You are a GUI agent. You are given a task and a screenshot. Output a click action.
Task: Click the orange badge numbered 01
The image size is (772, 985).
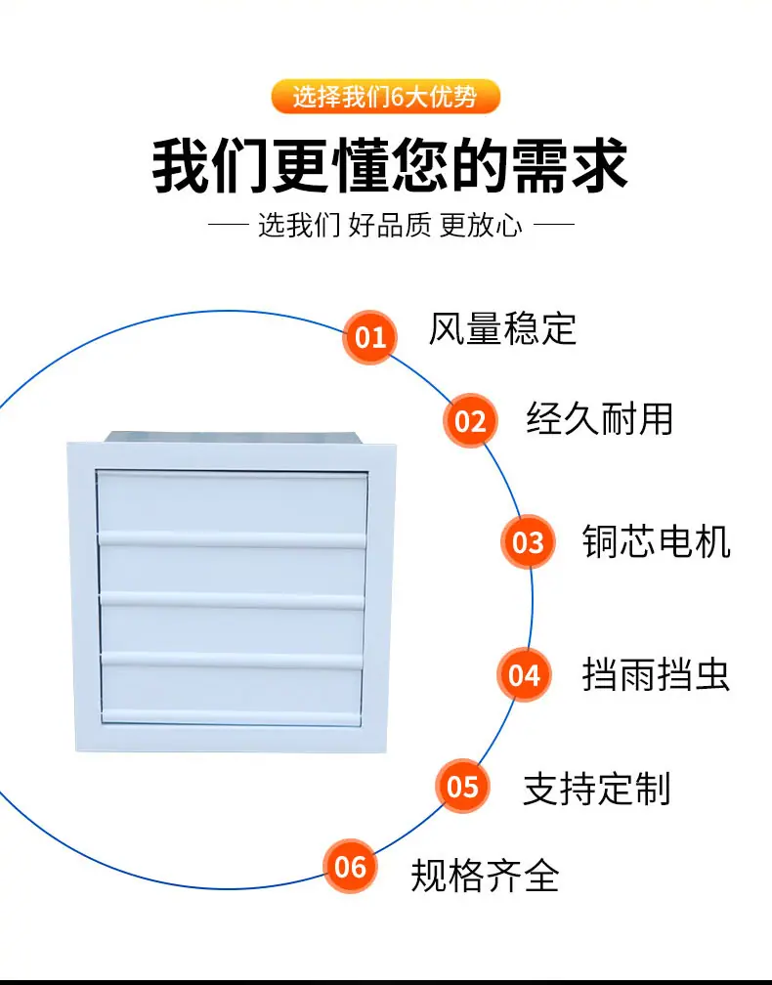coord(370,337)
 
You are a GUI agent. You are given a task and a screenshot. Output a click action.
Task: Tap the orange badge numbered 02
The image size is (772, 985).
coord(470,420)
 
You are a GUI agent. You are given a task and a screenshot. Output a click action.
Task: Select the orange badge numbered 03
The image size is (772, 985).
coord(528,541)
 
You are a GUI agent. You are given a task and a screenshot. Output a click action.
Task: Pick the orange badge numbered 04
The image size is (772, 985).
coord(524,674)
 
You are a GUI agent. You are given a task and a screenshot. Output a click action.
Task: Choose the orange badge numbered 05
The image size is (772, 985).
coord(462,786)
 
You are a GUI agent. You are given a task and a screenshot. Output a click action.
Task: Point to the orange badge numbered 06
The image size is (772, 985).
coord(350,867)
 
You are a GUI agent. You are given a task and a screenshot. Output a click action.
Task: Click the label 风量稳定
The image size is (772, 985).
coord(502,328)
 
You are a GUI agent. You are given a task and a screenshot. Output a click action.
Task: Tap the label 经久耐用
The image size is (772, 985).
coord(600,418)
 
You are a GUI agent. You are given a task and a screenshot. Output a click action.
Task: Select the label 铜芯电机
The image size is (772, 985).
coord(657,541)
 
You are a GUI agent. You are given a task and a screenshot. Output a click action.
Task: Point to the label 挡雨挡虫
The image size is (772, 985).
coord(657,674)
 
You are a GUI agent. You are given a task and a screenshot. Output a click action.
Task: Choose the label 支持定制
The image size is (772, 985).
coord(597,789)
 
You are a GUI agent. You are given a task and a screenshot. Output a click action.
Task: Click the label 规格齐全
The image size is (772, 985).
coord(485,876)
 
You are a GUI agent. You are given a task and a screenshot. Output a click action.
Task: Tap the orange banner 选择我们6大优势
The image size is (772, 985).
coord(386,97)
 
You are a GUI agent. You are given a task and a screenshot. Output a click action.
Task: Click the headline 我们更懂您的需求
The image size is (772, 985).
coord(390,166)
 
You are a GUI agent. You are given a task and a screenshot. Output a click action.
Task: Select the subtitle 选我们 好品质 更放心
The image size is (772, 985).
coord(390,225)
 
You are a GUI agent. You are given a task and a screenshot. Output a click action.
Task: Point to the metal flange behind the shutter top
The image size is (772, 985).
coord(233,438)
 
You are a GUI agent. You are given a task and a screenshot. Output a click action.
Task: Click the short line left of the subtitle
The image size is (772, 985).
coord(229,225)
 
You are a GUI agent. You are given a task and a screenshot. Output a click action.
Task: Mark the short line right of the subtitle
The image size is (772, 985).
coord(553,224)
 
